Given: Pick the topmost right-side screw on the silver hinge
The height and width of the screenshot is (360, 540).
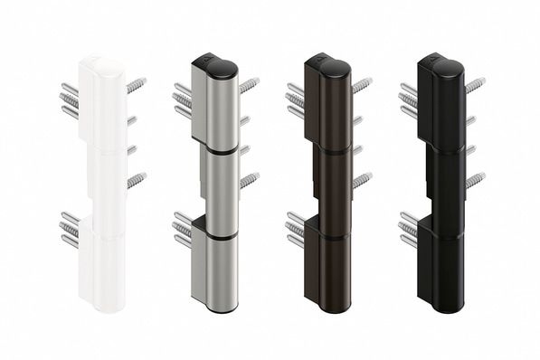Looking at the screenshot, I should coord(248,85).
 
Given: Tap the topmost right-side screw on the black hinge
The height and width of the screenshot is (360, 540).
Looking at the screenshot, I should coord(475,85).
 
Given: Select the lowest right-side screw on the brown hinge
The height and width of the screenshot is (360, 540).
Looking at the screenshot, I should coord(362,180).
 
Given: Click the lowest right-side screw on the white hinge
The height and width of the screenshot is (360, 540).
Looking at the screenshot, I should coord(136,180).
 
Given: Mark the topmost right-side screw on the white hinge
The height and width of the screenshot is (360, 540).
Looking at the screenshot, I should coord(136,85).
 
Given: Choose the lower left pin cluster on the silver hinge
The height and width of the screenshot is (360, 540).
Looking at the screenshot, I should coord(182,229).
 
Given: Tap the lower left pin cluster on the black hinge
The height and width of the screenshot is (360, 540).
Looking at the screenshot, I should coord(408,229).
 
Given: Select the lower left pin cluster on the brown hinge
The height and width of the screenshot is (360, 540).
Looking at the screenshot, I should coord(295,229).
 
